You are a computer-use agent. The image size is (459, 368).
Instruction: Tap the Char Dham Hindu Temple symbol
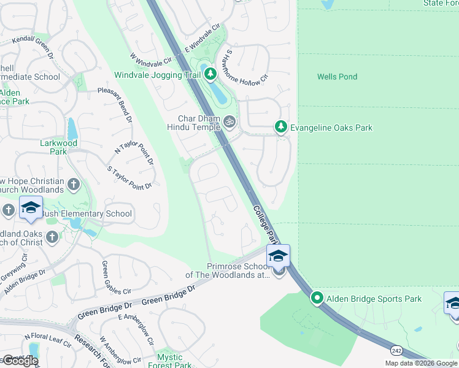pos(230,121)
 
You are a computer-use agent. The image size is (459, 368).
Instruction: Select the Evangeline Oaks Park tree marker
pos(281,127)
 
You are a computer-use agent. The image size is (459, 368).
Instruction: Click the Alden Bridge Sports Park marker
pos(317,298)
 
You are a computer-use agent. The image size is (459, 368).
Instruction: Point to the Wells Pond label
pos(337,77)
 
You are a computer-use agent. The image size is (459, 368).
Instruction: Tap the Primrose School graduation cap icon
pos(278,256)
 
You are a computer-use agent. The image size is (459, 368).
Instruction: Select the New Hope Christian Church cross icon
pos(73,184)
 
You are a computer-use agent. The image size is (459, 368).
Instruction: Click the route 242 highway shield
pos(396,349)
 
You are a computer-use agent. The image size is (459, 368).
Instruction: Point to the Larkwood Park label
pos(67,147)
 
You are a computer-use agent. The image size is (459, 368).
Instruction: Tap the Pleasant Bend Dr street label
pos(115,104)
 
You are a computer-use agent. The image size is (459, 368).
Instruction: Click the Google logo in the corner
pos(21,361)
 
